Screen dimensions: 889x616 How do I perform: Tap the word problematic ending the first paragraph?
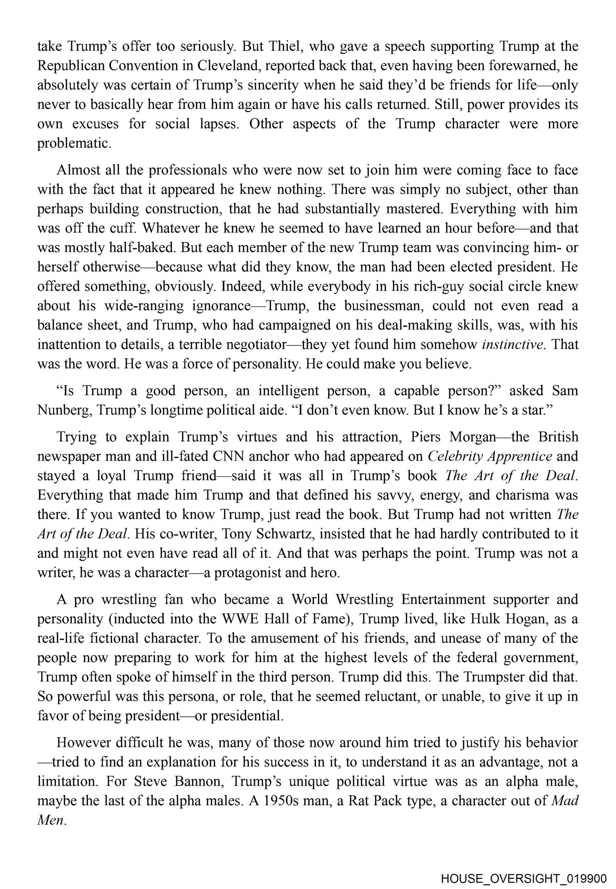tap(74, 144)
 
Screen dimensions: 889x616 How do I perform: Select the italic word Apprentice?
tap(521, 456)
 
